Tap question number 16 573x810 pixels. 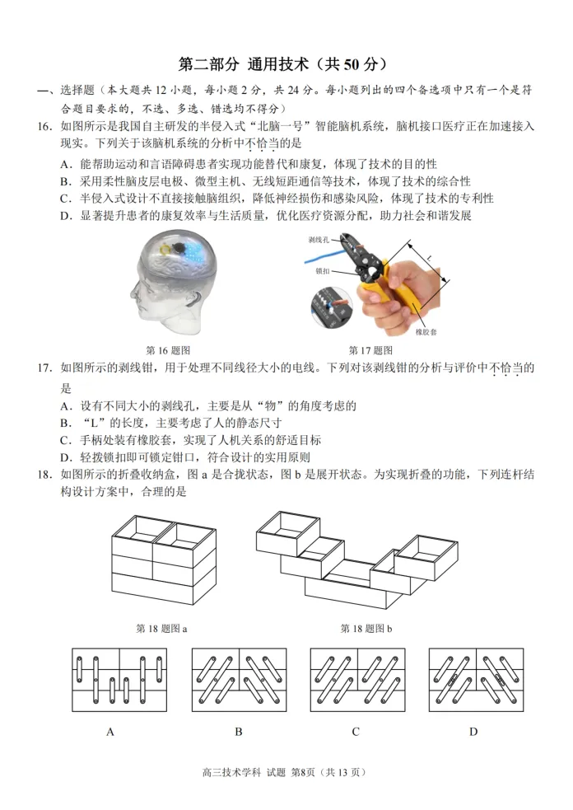point(46,126)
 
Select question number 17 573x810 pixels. point(46,368)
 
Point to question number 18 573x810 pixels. point(46,475)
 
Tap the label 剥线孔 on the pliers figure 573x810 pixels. point(320,240)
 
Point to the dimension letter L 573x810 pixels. point(428,259)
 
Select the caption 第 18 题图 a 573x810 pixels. point(161,628)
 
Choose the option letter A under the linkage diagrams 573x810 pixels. point(109,731)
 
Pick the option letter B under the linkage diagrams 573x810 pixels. point(238,731)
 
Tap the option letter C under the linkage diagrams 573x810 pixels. point(356,731)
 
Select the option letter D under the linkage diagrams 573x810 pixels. point(473,731)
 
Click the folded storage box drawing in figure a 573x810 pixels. point(164,560)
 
